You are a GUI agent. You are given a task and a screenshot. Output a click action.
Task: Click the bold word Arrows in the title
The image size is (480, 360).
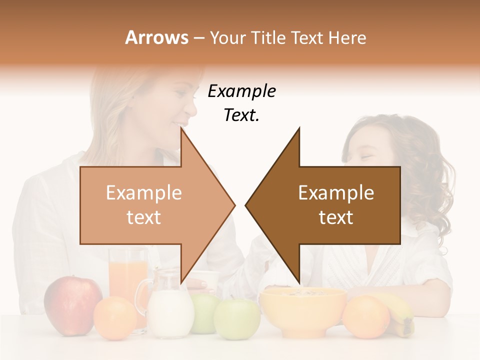click(156, 37)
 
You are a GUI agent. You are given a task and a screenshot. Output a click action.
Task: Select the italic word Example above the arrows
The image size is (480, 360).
click(241, 91)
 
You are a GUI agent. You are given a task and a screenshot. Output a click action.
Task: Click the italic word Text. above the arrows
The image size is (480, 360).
click(241, 115)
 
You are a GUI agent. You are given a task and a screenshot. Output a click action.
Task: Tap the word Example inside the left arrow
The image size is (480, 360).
click(144, 193)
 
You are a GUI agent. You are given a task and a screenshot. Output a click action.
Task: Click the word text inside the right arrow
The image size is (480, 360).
click(336, 217)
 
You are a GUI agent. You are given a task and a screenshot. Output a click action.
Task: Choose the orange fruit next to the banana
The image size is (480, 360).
click(366, 316)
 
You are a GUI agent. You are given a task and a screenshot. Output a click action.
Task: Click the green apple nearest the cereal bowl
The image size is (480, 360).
click(237, 318)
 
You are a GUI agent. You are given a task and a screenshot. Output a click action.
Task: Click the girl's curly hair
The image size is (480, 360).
click(425, 170)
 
